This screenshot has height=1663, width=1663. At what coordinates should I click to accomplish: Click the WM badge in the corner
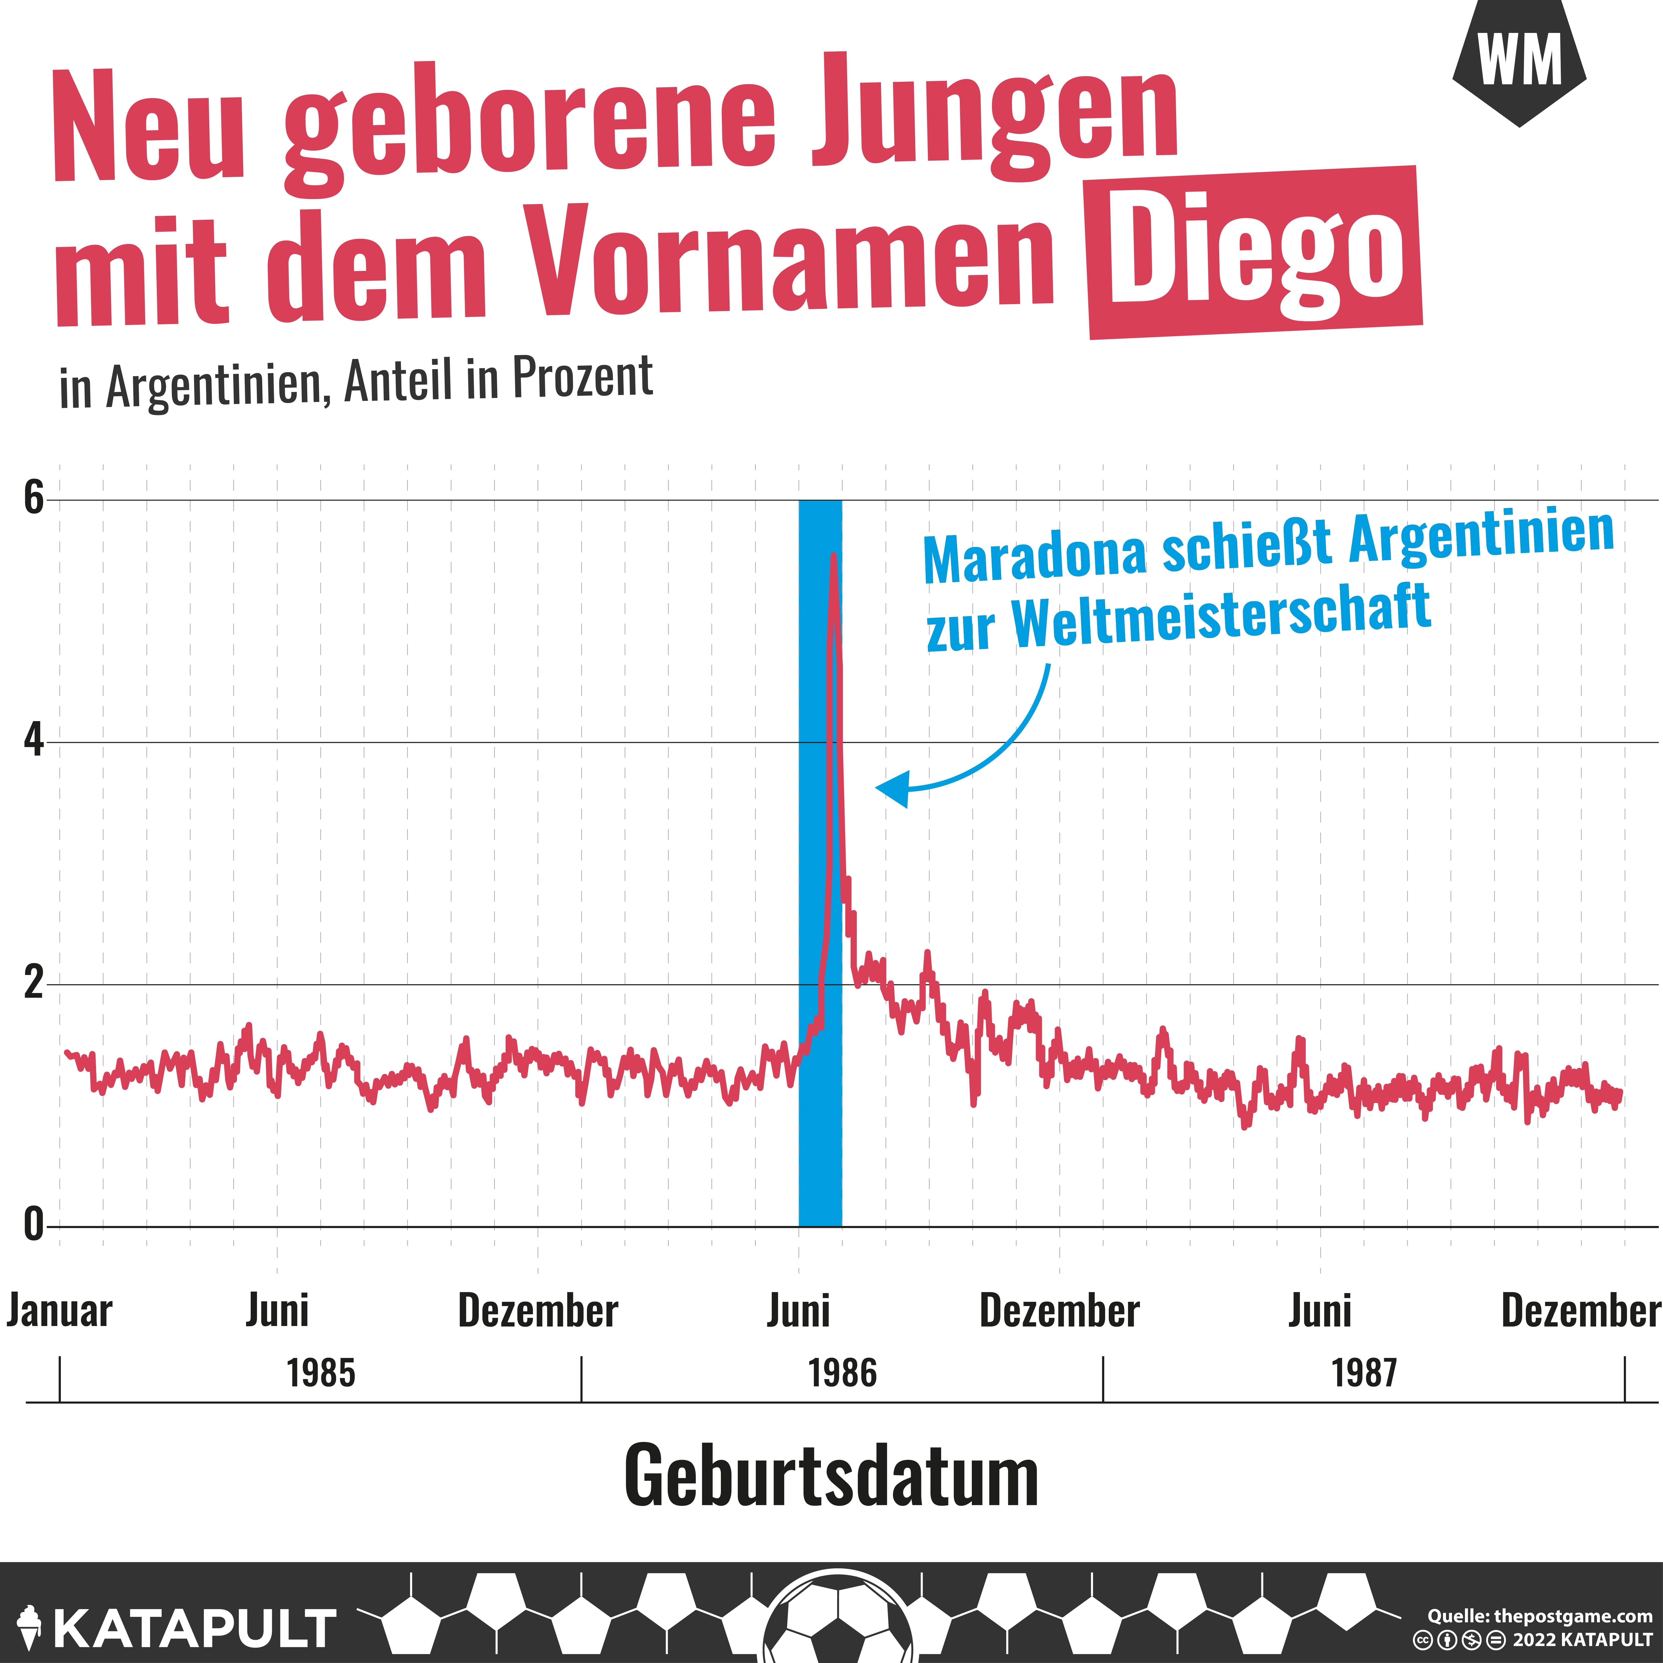pyautogui.click(x=1519, y=62)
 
